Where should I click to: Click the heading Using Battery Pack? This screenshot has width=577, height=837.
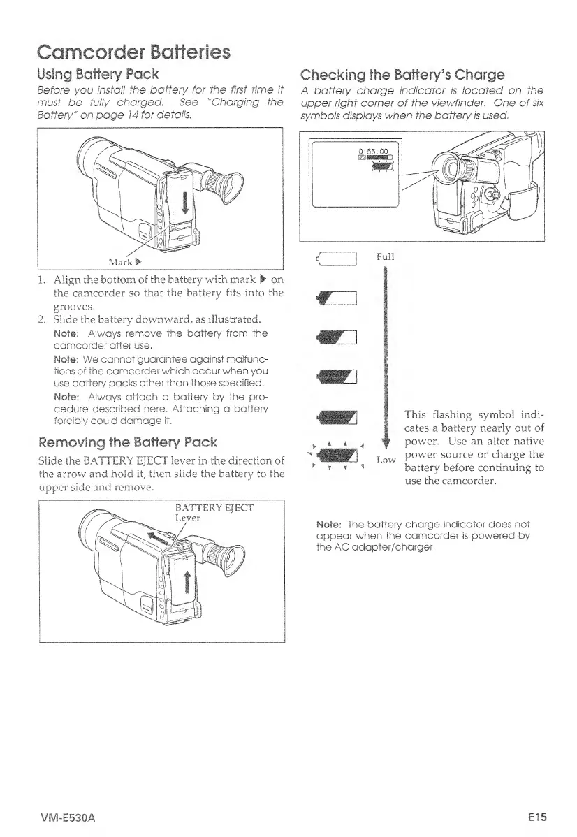98,74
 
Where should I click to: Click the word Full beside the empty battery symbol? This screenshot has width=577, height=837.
386,256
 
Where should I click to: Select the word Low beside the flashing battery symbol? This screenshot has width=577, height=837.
386,460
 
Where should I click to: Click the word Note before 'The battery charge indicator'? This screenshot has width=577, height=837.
328,525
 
